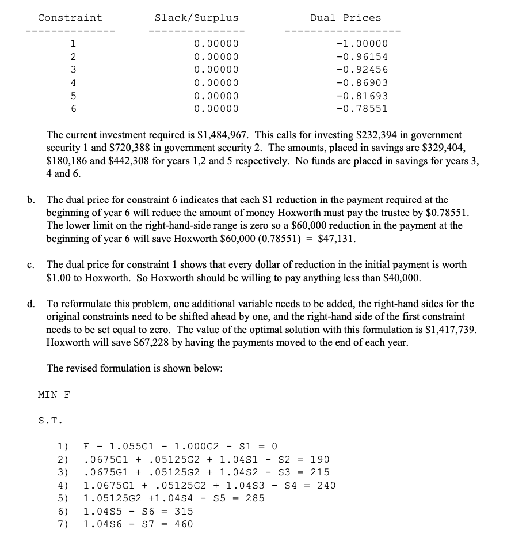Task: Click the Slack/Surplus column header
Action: pyautogui.click(x=196, y=18)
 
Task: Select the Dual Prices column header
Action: pyautogui.click(x=345, y=18)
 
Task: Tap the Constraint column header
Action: pyautogui.click(x=70, y=18)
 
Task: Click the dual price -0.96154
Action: pyautogui.click(x=362, y=57)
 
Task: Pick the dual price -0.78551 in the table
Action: pyautogui.click(x=362, y=108)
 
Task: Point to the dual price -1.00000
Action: pyautogui.click(x=362, y=44)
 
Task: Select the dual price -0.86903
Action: pyautogui.click(x=362, y=83)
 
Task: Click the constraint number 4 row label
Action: pyautogui.click(x=73, y=83)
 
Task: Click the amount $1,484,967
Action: pyautogui.click(x=223, y=135)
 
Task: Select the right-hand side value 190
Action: pyautogui.click(x=319, y=460)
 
